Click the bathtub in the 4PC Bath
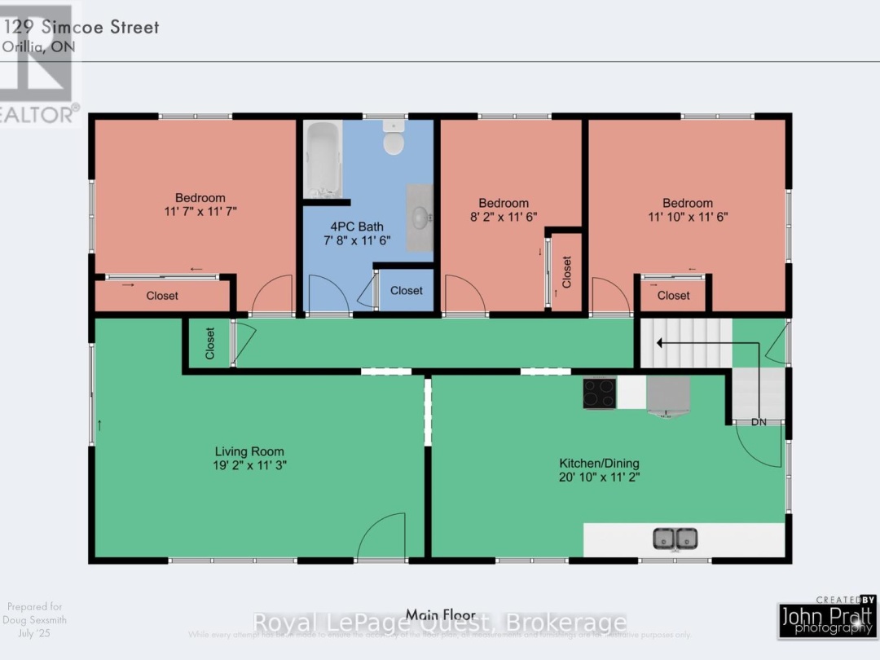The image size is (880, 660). (323, 158)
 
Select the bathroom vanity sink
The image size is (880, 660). (420, 218)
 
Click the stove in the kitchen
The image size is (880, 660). (599, 393)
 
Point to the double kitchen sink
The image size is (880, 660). (675, 539)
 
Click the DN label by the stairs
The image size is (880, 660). (759, 422)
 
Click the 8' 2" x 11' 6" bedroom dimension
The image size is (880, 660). (503, 218)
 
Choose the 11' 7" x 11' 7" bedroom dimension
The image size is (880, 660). (200, 212)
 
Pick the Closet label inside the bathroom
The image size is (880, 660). (406, 291)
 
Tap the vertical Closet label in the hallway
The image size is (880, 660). (209, 344)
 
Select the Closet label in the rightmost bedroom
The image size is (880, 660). (673, 296)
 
